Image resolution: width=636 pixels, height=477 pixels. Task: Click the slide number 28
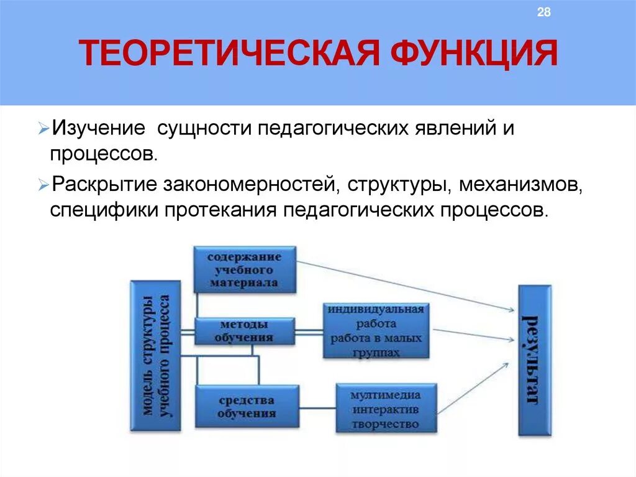tap(543, 13)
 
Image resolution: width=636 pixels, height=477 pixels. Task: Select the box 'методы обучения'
tap(244, 331)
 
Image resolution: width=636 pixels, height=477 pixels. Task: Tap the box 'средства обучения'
tap(247, 406)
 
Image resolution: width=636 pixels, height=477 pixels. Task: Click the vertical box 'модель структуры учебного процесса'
tap(155, 355)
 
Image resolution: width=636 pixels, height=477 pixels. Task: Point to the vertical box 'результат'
tap(535, 360)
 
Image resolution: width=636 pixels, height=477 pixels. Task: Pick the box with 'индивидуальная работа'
tap(376, 330)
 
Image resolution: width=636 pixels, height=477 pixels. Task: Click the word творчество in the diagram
tap(385, 424)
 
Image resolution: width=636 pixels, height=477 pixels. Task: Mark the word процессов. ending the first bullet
tap(104, 154)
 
